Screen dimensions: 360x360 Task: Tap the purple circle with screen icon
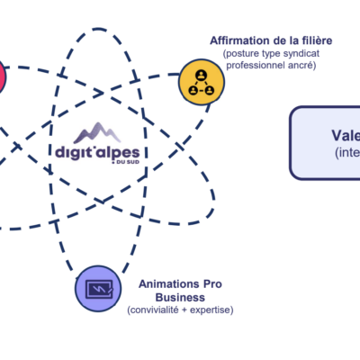[95, 289]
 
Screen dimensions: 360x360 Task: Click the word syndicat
[301, 56]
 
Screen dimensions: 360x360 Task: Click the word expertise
[212, 310]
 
